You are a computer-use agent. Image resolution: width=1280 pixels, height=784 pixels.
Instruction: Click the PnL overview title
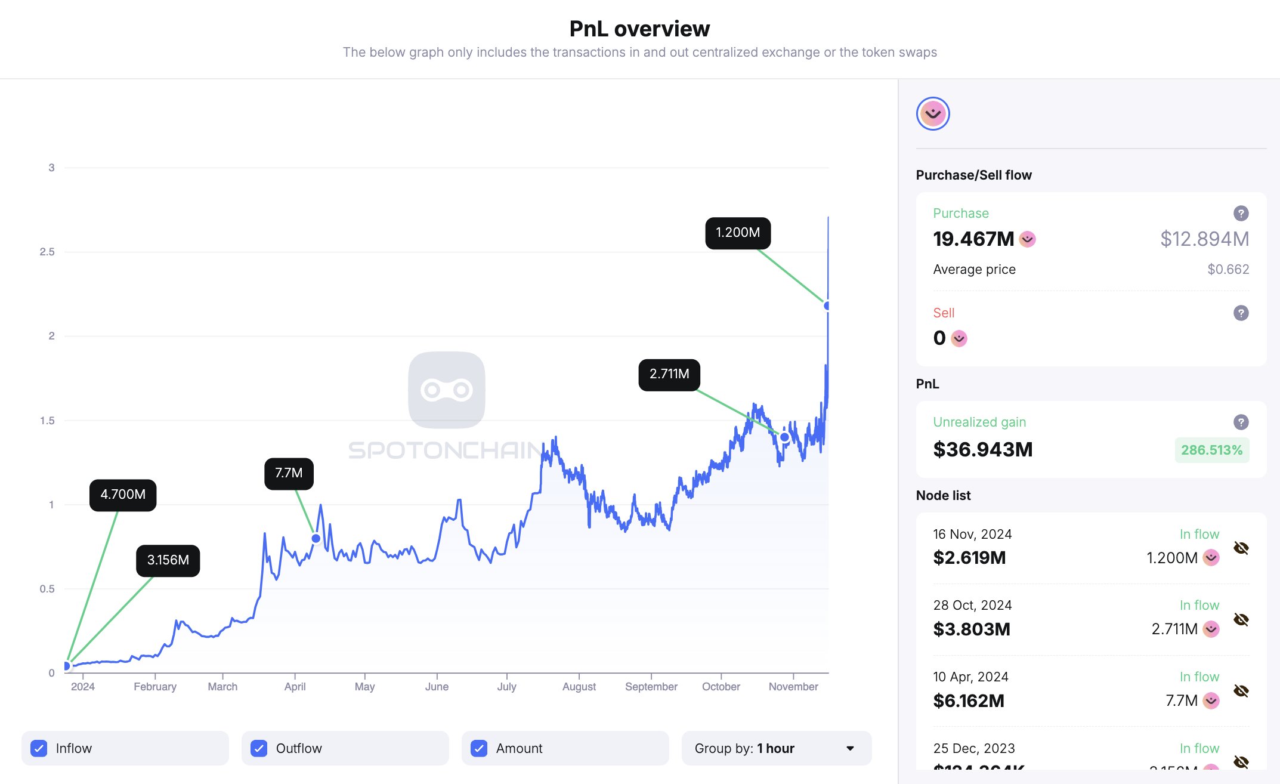pyautogui.click(x=639, y=29)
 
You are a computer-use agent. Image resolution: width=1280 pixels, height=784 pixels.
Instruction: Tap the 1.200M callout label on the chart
pyautogui.click(x=738, y=233)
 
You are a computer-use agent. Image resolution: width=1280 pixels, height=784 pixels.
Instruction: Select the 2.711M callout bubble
pyautogui.click(x=669, y=374)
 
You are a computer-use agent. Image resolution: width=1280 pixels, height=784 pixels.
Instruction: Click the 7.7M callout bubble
pyautogui.click(x=289, y=473)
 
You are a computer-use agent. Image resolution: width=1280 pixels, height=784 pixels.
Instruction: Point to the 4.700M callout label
pyautogui.click(x=123, y=495)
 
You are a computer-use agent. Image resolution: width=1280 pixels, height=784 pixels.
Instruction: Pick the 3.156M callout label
pyautogui.click(x=168, y=560)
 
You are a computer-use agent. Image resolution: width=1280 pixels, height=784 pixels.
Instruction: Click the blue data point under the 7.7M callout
pyautogui.click(x=316, y=538)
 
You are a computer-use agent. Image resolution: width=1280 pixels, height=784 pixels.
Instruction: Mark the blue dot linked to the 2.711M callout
pyautogui.click(x=785, y=437)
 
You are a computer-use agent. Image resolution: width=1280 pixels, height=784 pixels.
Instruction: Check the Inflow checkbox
pyautogui.click(x=39, y=748)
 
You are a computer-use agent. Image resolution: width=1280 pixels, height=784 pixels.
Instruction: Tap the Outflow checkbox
pyautogui.click(x=259, y=748)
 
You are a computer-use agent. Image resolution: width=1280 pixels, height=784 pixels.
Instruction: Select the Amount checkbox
pyautogui.click(x=479, y=748)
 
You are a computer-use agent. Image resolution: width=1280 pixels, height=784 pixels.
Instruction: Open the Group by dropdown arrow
pyautogui.click(x=850, y=748)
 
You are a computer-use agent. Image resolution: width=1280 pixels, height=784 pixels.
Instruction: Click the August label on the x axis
pyautogui.click(x=579, y=687)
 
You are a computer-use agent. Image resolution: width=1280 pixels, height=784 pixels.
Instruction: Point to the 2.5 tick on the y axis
pyautogui.click(x=47, y=252)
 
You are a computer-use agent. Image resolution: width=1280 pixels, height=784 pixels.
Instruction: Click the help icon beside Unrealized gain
pyautogui.click(x=1241, y=422)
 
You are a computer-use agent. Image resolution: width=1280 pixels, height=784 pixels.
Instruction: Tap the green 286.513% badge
pyautogui.click(x=1211, y=450)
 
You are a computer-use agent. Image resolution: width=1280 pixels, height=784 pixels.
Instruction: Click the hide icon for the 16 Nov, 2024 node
pyautogui.click(x=1241, y=548)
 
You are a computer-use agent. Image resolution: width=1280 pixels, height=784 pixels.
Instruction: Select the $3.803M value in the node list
pyautogui.click(x=972, y=629)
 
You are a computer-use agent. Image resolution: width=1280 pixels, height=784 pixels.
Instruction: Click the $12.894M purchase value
pyautogui.click(x=1204, y=239)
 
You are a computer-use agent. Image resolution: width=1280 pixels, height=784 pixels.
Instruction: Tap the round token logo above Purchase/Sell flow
pyautogui.click(x=933, y=113)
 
